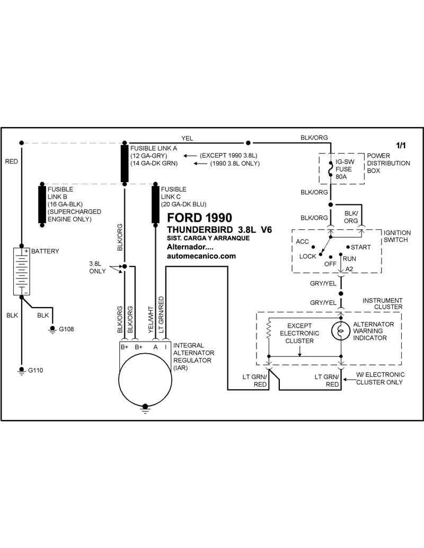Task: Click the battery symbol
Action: pyautogui.click(x=22, y=272)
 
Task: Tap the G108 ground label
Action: pyautogui.click(x=66, y=329)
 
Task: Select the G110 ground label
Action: pyautogui.click(x=36, y=370)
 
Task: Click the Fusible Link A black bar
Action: pyautogui.click(x=125, y=164)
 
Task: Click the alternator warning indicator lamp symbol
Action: pyautogui.click(x=341, y=330)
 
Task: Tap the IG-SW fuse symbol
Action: pyautogui.click(x=331, y=169)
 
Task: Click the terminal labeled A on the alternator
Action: pyautogui.click(x=155, y=347)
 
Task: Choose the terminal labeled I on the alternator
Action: pyautogui.click(x=165, y=347)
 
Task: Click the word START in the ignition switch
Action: pyautogui.click(x=361, y=247)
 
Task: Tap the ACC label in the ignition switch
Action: pyautogui.click(x=302, y=241)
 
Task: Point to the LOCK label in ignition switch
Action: pyautogui.click(x=307, y=256)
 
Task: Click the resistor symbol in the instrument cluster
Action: pyautogui.click(x=269, y=329)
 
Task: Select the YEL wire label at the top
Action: pyautogui.click(x=187, y=138)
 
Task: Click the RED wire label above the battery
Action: pyautogui.click(x=11, y=161)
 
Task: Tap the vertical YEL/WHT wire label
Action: pyautogui.click(x=151, y=319)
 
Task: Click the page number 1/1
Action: pyautogui.click(x=401, y=146)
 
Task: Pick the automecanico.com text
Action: pyautogui.click(x=201, y=256)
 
